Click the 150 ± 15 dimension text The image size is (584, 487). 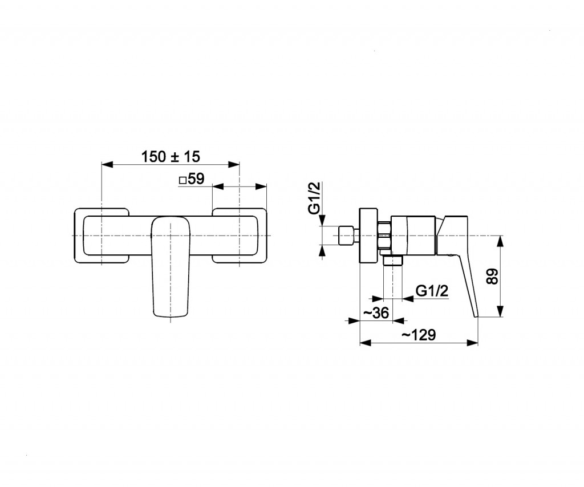point(171,157)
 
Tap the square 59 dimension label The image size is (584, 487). point(192,179)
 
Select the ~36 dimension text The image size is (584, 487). point(376,313)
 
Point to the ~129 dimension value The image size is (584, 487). point(419,335)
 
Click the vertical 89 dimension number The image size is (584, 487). point(492,276)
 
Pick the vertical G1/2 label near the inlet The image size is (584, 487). point(315,198)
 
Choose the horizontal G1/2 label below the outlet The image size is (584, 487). point(432,290)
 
